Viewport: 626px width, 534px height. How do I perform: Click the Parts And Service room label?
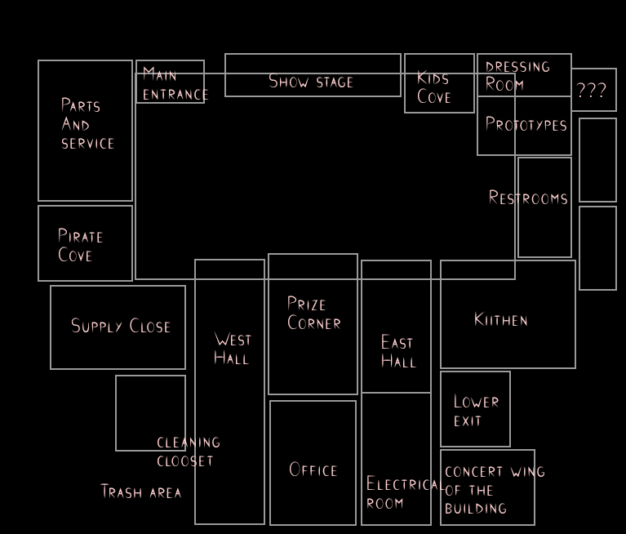[x=87, y=124]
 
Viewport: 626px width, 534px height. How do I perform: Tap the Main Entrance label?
[x=174, y=84]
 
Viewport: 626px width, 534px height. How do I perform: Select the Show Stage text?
[x=311, y=82]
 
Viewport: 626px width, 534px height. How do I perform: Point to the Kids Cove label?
[x=433, y=87]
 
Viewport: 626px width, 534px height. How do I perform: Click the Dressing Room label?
[x=517, y=75]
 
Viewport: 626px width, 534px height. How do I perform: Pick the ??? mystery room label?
[x=592, y=91]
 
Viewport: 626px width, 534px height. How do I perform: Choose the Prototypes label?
[x=526, y=125]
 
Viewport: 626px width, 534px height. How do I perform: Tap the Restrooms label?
[x=528, y=198]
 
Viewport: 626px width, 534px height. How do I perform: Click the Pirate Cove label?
[x=80, y=246]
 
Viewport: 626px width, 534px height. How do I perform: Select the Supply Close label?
[x=121, y=327]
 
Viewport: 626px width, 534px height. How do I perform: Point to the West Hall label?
[x=233, y=349]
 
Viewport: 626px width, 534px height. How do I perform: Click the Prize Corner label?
[x=313, y=314]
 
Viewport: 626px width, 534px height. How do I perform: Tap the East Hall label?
[x=398, y=352]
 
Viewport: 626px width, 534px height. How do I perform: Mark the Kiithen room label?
[x=501, y=320]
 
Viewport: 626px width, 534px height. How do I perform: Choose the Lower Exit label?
[x=476, y=411]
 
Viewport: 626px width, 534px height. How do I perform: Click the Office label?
[x=313, y=470]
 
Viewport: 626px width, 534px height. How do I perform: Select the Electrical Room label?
[x=402, y=493]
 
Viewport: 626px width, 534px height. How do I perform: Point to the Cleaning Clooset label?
[x=189, y=452]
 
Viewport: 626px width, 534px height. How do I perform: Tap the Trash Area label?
[x=141, y=492]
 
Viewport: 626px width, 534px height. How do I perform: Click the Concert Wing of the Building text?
[x=493, y=490]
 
